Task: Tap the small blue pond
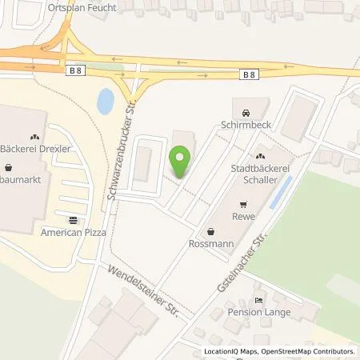(105, 101)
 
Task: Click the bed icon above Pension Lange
(258, 299)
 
